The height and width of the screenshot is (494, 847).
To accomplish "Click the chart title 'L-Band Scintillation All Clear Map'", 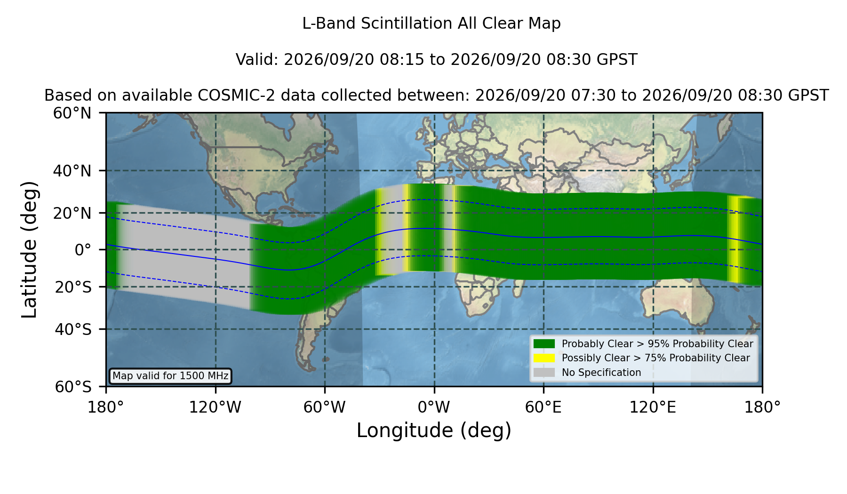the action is (x=431, y=24).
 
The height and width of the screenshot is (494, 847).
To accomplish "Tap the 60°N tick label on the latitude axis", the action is (x=72, y=113).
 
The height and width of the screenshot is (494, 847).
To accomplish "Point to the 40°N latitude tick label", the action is (x=72, y=171).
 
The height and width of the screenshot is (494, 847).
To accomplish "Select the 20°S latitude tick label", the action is (x=73, y=287).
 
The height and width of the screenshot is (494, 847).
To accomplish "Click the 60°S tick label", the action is (x=73, y=387).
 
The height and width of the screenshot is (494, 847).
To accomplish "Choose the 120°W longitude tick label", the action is (x=215, y=407).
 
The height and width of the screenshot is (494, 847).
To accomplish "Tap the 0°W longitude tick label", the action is (x=434, y=407).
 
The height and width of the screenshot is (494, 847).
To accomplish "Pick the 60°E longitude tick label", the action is (x=543, y=407).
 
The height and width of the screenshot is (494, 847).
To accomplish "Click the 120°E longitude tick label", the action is (x=653, y=407).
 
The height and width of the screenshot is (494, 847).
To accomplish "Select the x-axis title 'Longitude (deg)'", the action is (x=434, y=430).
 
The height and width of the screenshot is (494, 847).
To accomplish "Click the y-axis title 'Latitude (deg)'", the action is (x=29, y=249).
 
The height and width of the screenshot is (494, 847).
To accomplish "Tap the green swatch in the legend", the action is (x=544, y=344).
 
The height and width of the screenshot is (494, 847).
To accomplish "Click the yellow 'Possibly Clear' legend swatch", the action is (x=544, y=358).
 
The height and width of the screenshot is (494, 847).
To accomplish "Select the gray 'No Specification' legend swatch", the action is (x=544, y=373).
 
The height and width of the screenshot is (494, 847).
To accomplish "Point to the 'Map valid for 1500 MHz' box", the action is (x=170, y=376).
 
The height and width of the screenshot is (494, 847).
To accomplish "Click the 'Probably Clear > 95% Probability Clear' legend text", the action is (x=657, y=344).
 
